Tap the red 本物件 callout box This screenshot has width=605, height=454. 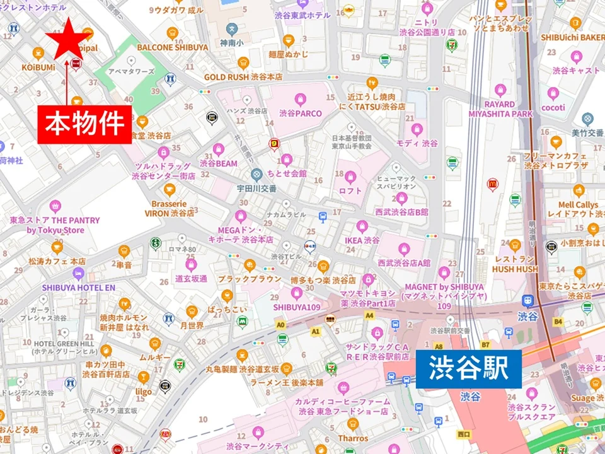pyautogui.click(x=86, y=124)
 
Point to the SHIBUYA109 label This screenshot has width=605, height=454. pyautogui.click(x=297, y=306)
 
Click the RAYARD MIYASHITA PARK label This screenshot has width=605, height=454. pyautogui.click(x=500, y=108)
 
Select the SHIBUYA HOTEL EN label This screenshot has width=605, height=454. pyautogui.click(x=79, y=288)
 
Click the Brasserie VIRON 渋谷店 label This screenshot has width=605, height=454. pyautogui.click(x=169, y=209)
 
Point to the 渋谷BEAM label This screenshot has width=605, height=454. pyautogui.click(x=219, y=163)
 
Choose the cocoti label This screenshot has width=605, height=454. pyautogui.click(x=553, y=108)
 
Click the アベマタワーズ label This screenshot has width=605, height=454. pyautogui.click(x=131, y=72)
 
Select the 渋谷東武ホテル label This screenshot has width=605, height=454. pyautogui.click(x=302, y=15)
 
